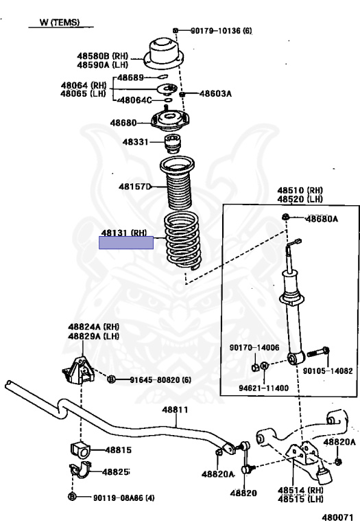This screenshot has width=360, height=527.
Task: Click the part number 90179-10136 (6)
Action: [221, 31]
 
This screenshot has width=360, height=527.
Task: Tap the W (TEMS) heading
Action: [60, 22]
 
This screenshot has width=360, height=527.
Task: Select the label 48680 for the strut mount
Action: [123, 123]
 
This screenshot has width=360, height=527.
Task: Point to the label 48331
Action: [135, 142]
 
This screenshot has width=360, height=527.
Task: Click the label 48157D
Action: [135, 186]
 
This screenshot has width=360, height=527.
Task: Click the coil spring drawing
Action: [181, 241]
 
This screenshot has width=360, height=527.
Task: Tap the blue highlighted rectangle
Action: [126, 243]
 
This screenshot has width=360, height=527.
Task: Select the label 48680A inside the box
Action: [322, 219]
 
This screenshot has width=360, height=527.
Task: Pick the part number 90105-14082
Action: [328, 371]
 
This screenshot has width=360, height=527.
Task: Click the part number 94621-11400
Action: [263, 388]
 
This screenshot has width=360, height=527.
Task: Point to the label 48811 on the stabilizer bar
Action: [175, 410]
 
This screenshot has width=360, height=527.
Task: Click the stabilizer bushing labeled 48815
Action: [81, 450]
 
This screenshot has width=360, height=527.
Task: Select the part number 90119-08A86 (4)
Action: [124, 497]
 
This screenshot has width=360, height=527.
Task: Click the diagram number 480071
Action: [338, 517]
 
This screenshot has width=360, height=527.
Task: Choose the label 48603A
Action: [215, 93]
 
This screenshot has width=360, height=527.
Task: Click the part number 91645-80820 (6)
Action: [160, 379]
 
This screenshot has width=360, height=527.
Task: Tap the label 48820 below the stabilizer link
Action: [243, 493]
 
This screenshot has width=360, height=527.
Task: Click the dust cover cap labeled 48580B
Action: [164, 55]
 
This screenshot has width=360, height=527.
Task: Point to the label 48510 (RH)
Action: [300, 191]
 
